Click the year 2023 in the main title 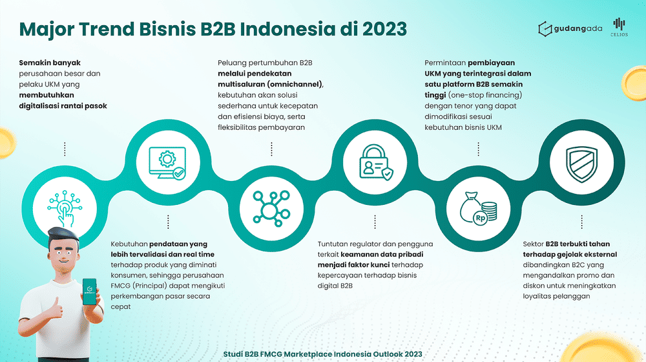(x=384, y=29)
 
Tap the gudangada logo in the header (x=570, y=29)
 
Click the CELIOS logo (x=620, y=27)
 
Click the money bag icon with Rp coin (x=478, y=209)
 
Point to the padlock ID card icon (x=376, y=162)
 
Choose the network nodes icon (x=271, y=209)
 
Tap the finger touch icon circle (x=65, y=209)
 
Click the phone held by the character (x=89, y=292)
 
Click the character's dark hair (x=63, y=235)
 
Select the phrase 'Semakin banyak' (x=50, y=63)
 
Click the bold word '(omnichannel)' (x=295, y=85)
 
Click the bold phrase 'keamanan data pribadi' (x=382, y=255)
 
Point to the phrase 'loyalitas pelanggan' (x=557, y=296)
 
